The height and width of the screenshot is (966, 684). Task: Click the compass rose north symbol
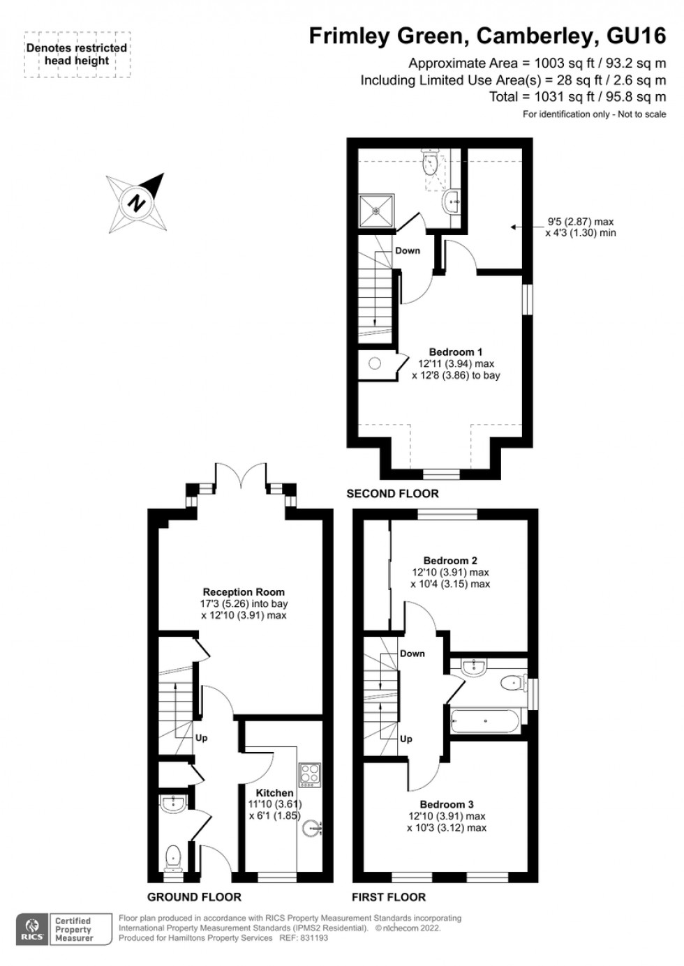pyautogui.click(x=137, y=203)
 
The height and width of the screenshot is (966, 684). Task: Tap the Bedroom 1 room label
pyautogui.click(x=455, y=352)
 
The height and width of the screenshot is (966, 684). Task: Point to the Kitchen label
pyautogui.click(x=274, y=793)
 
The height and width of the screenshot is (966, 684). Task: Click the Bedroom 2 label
pyautogui.click(x=450, y=561)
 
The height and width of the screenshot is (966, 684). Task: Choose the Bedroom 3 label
pyautogui.click(x=447, y=804)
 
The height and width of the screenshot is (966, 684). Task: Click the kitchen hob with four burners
pyautogui.click(x=309, y=773)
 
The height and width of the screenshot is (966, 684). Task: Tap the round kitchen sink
pyautogui.click(x=312, y=829)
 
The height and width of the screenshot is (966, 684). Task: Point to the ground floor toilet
pyautogui.click(x=173, y=855)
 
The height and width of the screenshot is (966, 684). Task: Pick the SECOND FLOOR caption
pyautogui.click(x=392, y=494)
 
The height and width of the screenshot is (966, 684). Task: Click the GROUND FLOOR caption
pyautogui.click(x=194, y=897)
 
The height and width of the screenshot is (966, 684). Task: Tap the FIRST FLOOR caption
pyautogui.click(x=388, y=897)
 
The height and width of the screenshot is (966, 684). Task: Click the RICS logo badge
pyautogui.click(x=31, y=929)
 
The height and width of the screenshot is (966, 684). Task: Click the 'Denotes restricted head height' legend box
pyautogui.click(x=77, y=54)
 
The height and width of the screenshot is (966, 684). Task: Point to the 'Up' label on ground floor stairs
pyautogui.click(x=201, y=738)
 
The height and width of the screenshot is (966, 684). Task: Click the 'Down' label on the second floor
pyautogui.click(x=408, y=250)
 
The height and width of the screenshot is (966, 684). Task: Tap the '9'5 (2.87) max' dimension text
pyautogui.click(x=580, y=222)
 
